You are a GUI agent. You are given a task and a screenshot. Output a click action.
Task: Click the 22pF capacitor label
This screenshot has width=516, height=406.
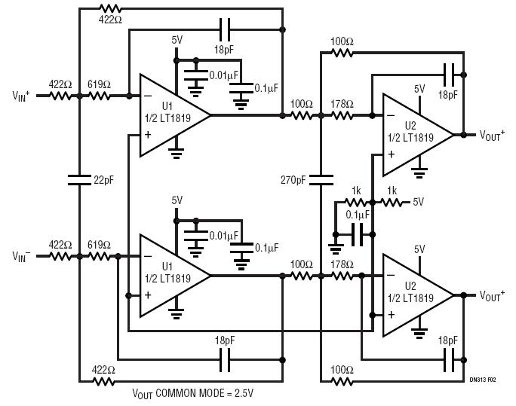[x=103, y=180]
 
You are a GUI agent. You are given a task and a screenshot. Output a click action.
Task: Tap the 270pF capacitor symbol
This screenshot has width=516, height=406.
[x=321, y=180]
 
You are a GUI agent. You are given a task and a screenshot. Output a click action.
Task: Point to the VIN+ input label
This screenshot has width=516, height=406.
[x=21, y=96]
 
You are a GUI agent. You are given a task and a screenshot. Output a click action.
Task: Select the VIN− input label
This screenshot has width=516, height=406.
[x=21, y=256]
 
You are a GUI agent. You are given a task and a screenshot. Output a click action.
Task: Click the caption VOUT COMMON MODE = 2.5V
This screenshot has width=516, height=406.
[x=193, y=393]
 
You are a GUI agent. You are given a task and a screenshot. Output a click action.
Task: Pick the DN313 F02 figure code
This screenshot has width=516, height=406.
[x=483, y=380]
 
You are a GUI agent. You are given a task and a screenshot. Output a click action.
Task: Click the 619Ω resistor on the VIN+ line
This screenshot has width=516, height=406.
[x=99, y=96]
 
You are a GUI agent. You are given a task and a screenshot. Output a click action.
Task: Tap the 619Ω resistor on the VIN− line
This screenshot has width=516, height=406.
[x=99, y=256]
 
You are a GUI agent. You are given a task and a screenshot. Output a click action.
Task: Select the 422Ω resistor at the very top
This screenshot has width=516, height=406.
[x=110, y=8]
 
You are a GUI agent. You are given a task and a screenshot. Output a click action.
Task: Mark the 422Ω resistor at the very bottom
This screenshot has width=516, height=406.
[x=104, y=381]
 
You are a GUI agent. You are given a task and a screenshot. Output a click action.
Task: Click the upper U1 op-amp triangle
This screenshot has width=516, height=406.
[x=175, y=115]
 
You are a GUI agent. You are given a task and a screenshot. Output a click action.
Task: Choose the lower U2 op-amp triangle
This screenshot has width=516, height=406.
[x=418, y=295]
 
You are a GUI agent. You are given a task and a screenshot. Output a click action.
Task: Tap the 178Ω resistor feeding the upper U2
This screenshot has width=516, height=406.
[x=342, y=116]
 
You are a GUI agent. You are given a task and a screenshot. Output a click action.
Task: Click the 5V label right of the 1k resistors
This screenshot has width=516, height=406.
[x=418, y=202]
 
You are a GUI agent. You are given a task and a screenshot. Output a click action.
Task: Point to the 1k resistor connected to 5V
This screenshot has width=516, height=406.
[x=392, y=202]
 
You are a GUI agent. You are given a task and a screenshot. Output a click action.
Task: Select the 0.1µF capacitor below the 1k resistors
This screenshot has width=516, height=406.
[x=358, y=234]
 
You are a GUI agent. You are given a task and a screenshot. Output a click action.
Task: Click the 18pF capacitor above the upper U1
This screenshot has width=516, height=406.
[x=225, y=30]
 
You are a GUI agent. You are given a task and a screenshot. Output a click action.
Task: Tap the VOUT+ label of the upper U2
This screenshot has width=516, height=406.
[x=492, y=135]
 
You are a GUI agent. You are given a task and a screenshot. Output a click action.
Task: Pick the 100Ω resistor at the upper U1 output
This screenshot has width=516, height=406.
[x=302, y=116]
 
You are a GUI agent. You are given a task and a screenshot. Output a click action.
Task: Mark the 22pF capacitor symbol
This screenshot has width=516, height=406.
[x=79, y=180]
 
